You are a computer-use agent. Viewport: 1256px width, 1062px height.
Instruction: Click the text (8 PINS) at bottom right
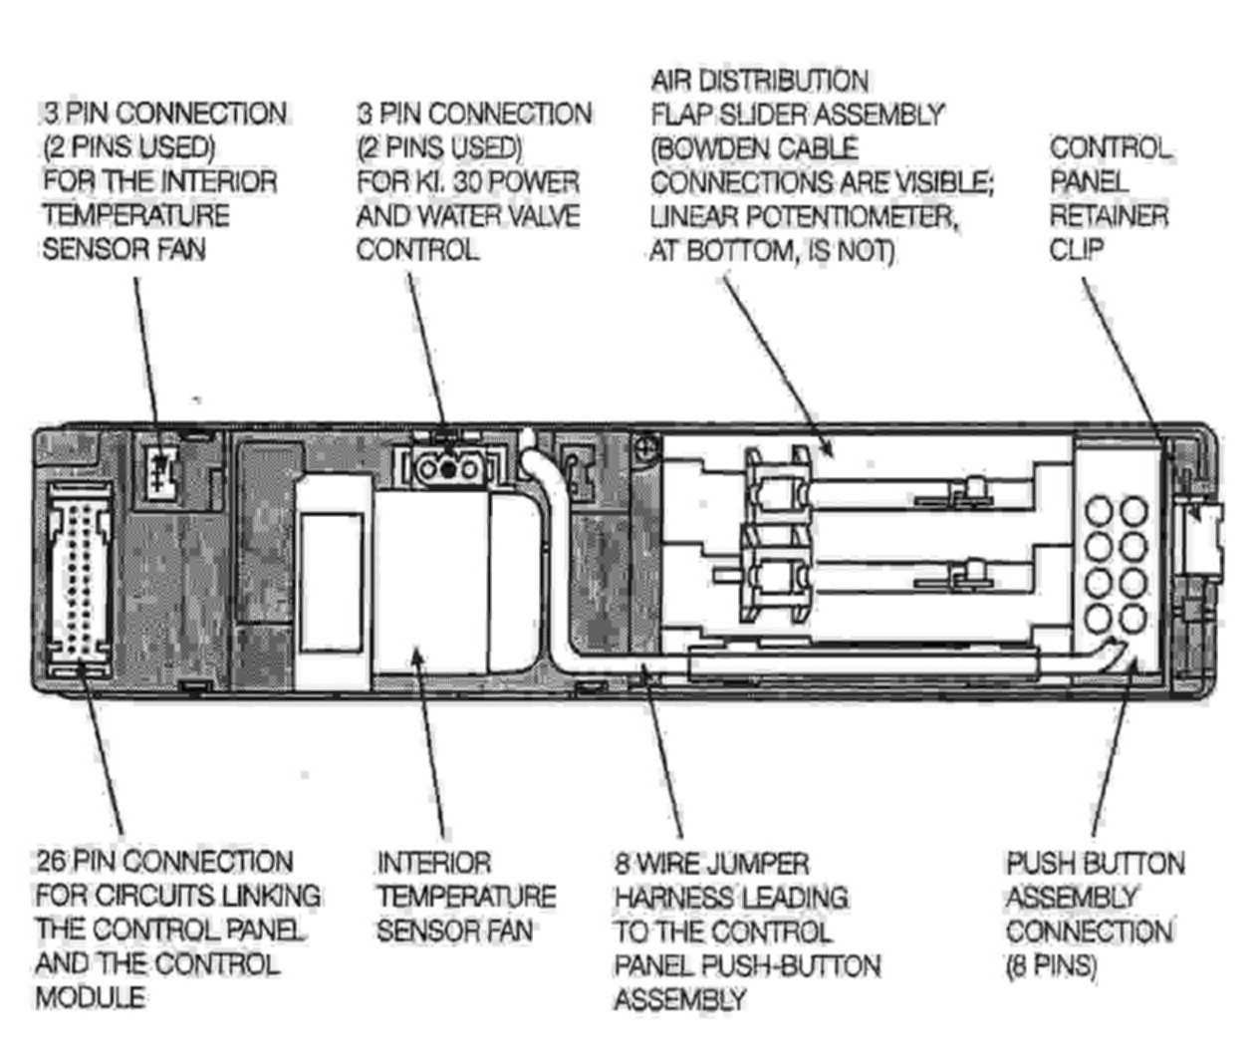[1051, 966]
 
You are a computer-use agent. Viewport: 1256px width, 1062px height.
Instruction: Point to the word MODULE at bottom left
[91, 997]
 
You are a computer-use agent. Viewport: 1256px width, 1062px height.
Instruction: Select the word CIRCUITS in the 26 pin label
[142, 896]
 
